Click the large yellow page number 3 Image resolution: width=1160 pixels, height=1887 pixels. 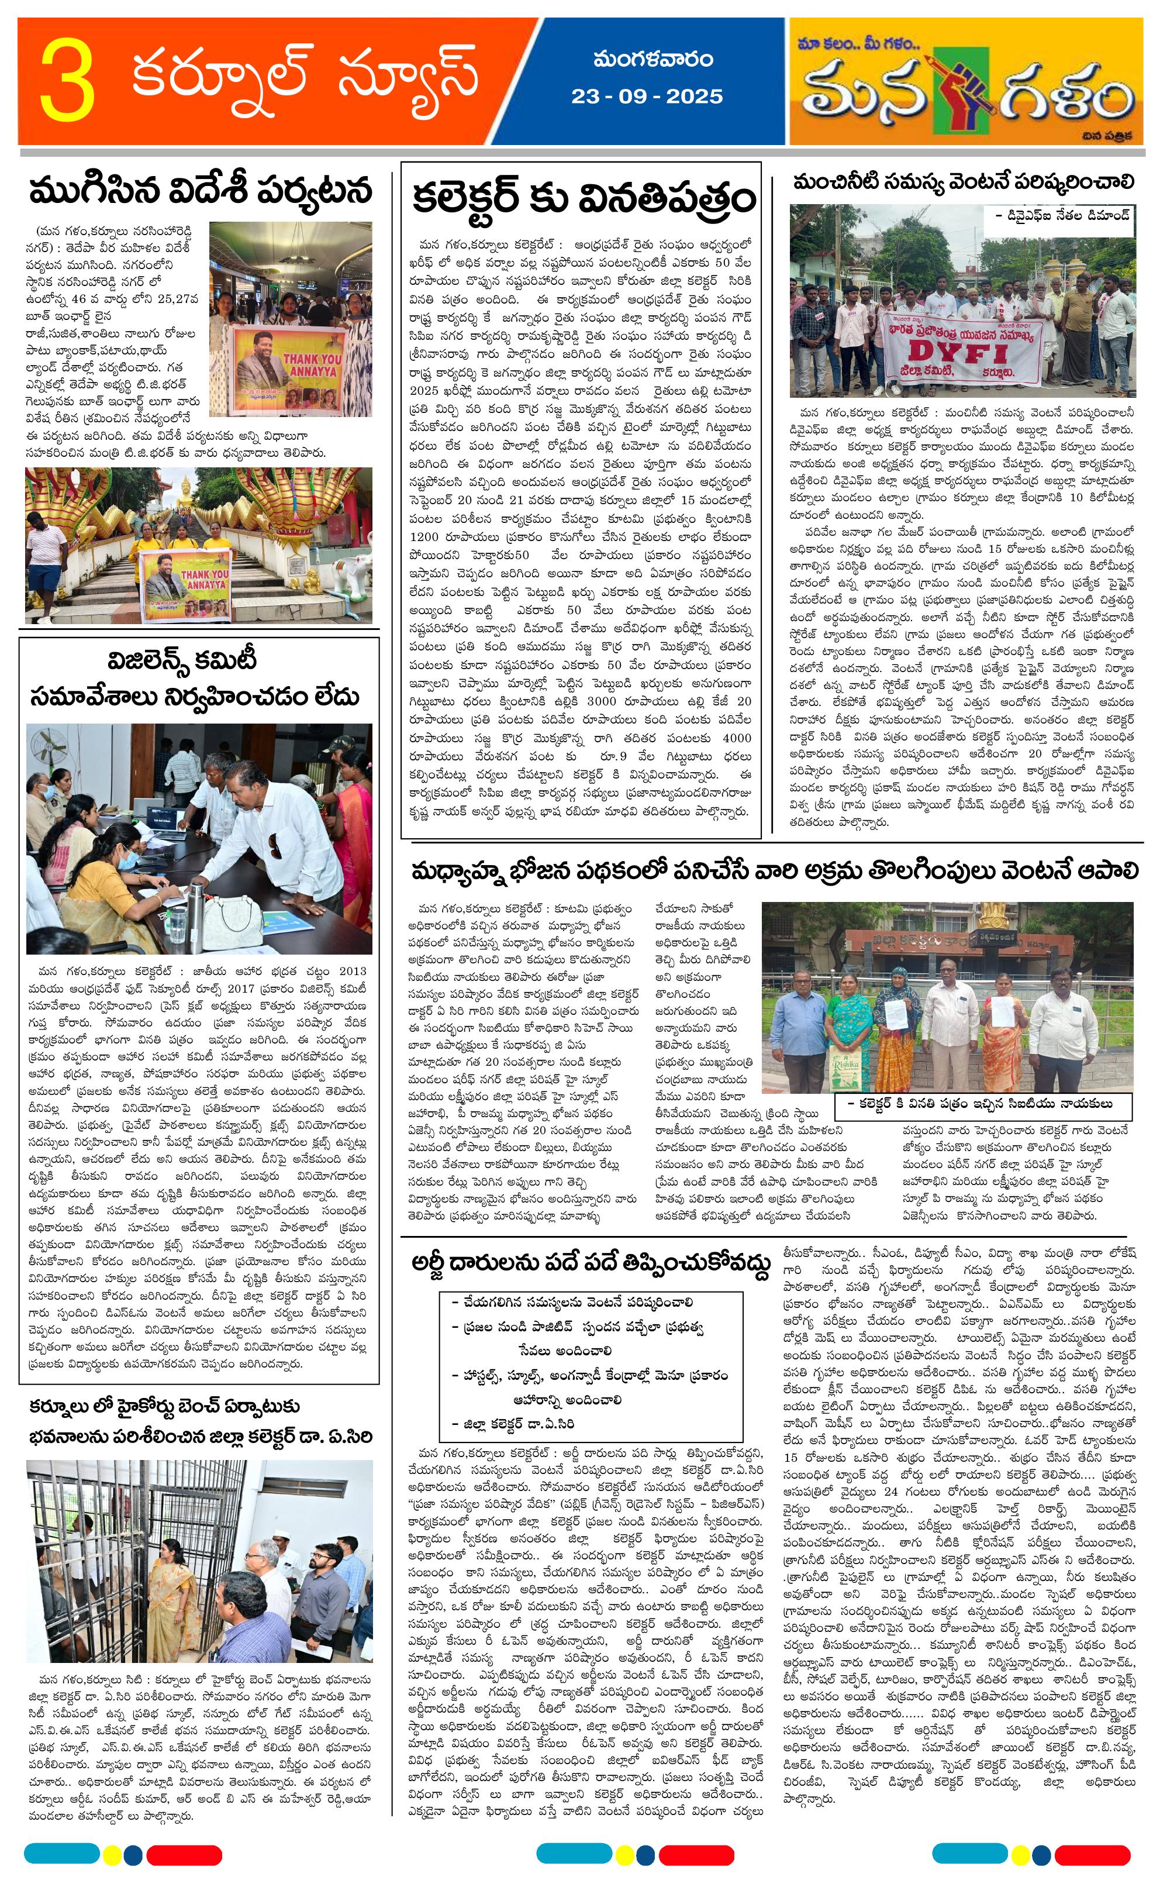[x=67, y=81]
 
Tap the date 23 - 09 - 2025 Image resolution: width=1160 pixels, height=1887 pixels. [x=646, y=97]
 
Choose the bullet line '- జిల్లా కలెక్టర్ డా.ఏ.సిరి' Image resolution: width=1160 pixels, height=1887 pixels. [x=513, y=1424]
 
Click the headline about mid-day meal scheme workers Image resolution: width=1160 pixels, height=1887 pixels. [x=774, y=871]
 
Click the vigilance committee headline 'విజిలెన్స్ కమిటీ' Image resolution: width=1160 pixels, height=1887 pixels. [x=182, y=660]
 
